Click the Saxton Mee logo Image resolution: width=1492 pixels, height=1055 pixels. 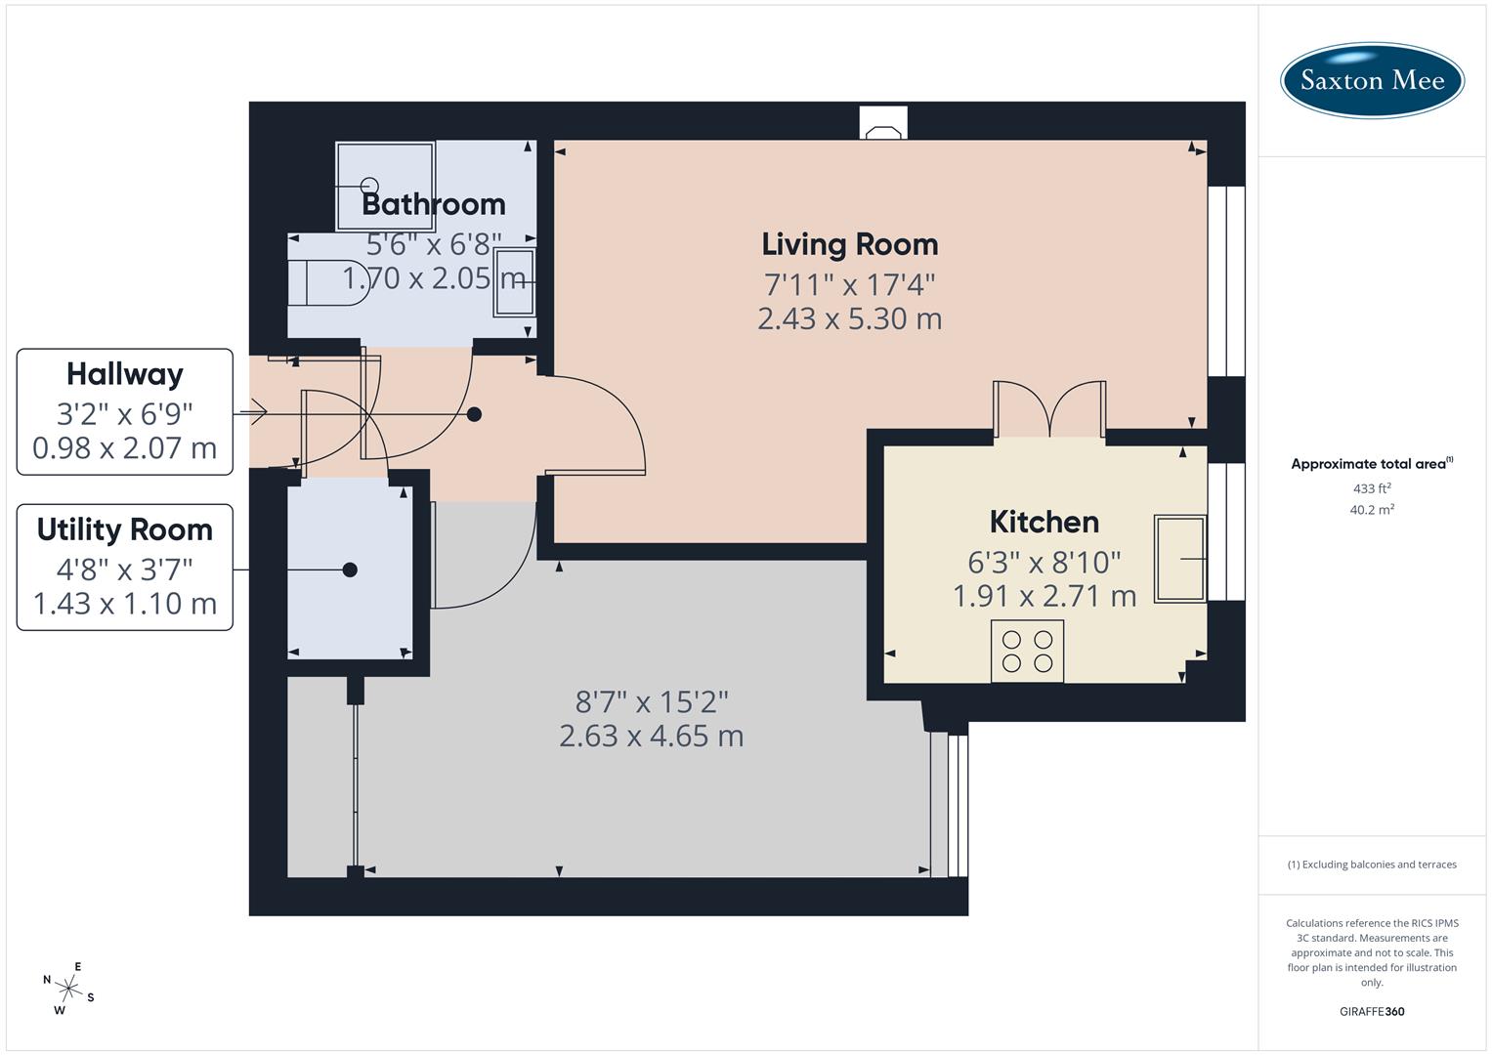coord(1372,80)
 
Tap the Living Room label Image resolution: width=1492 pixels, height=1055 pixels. coord(849,244)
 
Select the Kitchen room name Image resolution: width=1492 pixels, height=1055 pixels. coord(1044,522)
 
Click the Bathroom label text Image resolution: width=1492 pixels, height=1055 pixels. coord(433,204)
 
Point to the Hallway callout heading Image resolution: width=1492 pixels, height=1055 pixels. coord(125,374)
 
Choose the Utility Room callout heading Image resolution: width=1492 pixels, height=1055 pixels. coord(125,529)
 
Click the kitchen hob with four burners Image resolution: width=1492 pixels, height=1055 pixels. coord(1027,652)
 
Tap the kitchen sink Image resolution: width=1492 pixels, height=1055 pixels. coord(1179,558)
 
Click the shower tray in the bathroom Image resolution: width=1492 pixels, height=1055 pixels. coord(385,186)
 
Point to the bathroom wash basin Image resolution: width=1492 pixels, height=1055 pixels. coord(513,281)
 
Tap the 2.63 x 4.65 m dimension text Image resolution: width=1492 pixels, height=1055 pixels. coord(651,736)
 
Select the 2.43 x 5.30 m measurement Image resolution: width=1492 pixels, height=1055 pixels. coord(849,318)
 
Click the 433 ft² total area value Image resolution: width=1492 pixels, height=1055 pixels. coord(1372,488)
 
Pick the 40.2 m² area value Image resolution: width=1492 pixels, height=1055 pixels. coord(1372,510)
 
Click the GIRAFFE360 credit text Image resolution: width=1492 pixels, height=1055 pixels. coord(1372,1012)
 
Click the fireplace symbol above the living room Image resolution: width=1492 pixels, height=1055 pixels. coord(883,124)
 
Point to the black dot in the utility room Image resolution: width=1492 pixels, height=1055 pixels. coord(350,570)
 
